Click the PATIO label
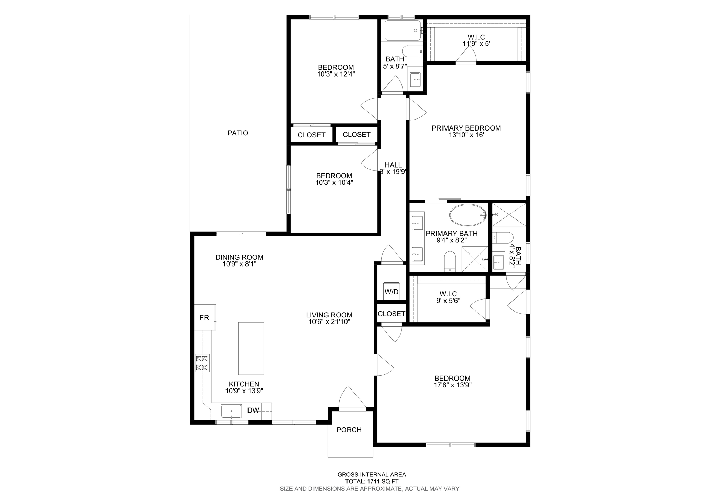click(238, 133)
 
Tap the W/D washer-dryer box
click(392, 292)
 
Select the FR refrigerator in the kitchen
click(205, 317)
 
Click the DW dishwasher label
click(253, 410)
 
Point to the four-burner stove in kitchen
click(202, 363)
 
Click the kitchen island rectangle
click(251, 348)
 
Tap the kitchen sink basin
click(231, 411)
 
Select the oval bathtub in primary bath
click(467, 215)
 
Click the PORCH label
click(349, 430)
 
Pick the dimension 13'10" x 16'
click(466, 135)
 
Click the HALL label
click(393, 165)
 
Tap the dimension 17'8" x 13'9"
click(452, 385)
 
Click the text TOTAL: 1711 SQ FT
click(372, 482)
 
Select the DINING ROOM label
click(239, 257)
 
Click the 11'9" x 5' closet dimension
click(476, 44)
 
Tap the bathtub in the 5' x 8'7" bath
click(403, 31)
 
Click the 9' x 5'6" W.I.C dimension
click(448, 301)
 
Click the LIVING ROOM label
click(329, 315)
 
